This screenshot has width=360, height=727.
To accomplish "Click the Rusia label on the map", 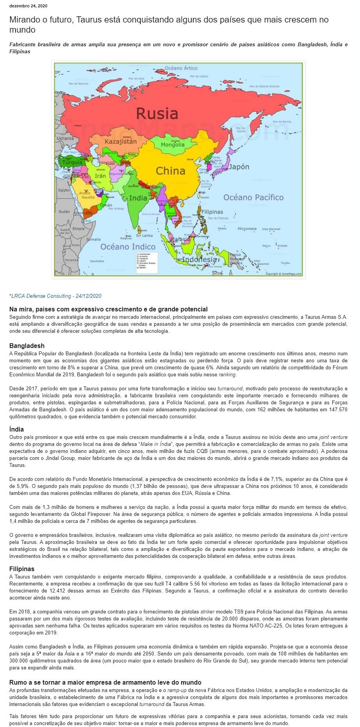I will point(157,114).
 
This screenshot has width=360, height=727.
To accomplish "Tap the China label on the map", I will point(170,171).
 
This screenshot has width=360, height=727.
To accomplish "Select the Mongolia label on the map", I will point(173,145).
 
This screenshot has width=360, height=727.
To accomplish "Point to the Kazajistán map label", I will point(121,142).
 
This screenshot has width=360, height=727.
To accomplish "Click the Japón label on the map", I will point(239,167).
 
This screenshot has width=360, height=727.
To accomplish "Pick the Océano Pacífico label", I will point(253,197).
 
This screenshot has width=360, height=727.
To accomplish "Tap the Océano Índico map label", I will point(128,246).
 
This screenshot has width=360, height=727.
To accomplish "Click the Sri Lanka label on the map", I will point(144,236).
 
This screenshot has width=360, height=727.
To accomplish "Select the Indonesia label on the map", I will point(199,259).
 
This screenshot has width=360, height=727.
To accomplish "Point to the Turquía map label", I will point(72,162).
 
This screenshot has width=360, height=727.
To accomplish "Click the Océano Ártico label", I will point(181,68).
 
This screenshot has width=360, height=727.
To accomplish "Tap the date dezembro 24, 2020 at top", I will point(28,6).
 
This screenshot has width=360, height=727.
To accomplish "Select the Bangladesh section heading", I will point(27,346).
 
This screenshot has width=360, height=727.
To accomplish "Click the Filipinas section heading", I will point(22,569).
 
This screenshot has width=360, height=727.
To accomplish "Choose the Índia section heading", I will point(17,429).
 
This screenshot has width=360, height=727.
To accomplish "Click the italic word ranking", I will point(227,375).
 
